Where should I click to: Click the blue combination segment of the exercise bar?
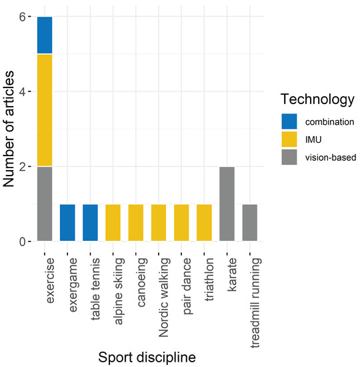45,35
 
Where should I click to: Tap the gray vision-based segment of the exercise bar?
45,204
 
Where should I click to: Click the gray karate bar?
227,204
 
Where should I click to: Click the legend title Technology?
317,100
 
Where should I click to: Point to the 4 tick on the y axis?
29,91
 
